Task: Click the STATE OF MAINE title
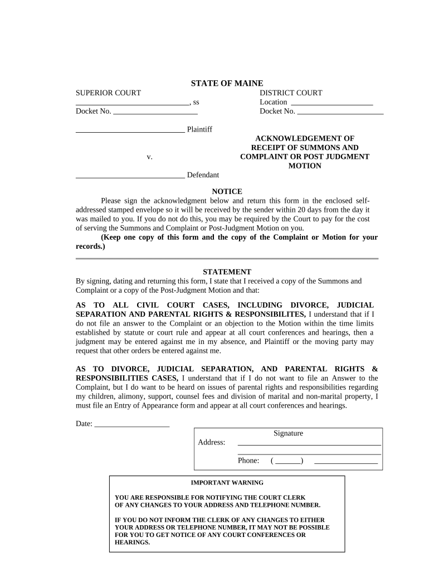coord(227,83)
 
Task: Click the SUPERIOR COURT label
coord(108,93)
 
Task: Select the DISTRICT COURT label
coord(291,93)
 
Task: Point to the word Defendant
coord(203,175)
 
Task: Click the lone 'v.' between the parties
coord(149,157)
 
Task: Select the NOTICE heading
coord(227,192)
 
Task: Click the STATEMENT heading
coord(227,272)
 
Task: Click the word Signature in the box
coord(288,433)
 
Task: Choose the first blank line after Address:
coord(309,444)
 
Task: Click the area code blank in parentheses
coord(287,462)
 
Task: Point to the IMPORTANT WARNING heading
coord(227,483)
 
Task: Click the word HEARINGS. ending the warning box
coord(132,542)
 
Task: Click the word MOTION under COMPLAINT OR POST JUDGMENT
coord(304,166)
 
